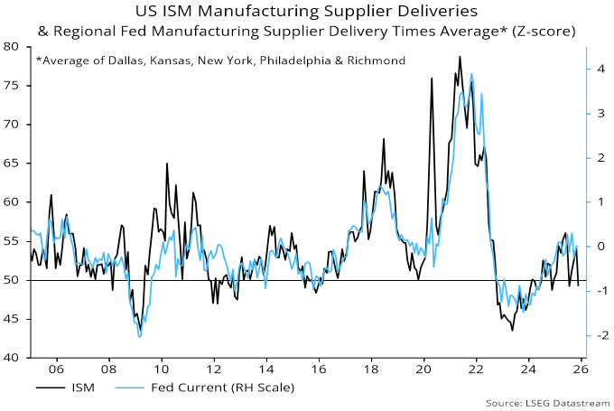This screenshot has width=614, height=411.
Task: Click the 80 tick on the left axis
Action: coord(16,46)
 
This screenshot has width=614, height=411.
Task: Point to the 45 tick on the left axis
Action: coord(16,319)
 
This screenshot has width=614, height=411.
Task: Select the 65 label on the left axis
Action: coord(16,163)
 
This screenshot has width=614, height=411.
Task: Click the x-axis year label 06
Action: coord(56,369)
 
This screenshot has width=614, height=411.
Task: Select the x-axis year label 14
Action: coord(265,369)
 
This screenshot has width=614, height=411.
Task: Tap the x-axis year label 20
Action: coord(423,369)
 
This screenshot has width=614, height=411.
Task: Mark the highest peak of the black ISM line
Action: coord(460,57)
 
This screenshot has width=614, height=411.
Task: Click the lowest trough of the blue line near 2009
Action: coord(139,337)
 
